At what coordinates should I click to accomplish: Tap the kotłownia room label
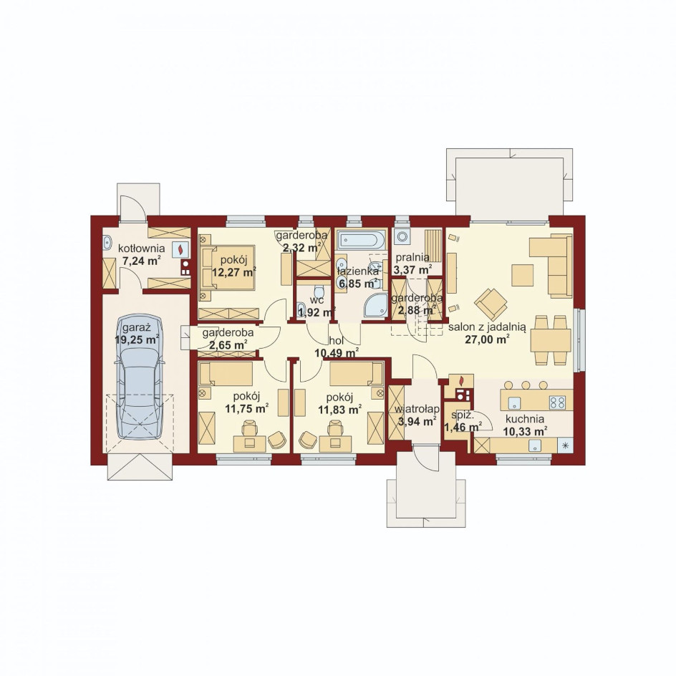point(141,248)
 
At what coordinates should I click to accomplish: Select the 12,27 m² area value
point(234,272)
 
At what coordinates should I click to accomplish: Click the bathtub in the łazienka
point(362,240)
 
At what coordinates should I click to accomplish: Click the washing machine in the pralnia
point(402,237)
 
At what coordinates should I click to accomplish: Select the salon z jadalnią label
point(487,328)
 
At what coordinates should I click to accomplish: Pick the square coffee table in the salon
point(523,275)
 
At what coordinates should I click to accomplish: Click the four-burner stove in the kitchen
point(557,402)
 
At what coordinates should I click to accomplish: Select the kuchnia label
point(525,419)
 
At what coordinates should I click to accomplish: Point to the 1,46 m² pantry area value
point(463,428)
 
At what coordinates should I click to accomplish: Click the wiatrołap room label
point(417,410)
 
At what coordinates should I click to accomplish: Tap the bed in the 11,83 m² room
point(357,373)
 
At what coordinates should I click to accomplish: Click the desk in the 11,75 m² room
point(249,443)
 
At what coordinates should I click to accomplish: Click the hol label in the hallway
point(336,341)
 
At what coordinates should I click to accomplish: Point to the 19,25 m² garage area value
point(137,339)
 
